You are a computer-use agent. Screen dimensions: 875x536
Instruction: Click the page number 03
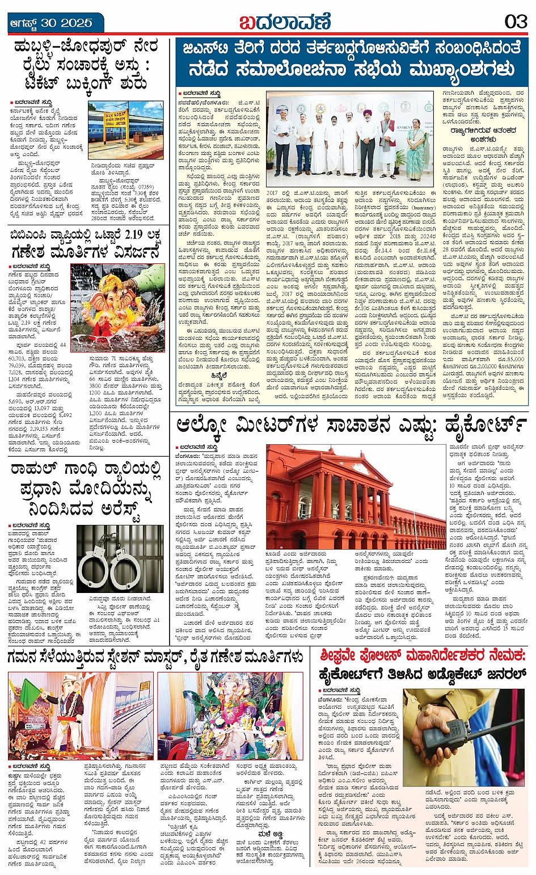click(x=516, y=22)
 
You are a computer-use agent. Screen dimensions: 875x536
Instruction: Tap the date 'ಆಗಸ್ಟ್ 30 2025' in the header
click(x=51, y=23)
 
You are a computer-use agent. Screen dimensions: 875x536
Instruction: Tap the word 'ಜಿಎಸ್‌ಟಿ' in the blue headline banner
click(x=208, y=49)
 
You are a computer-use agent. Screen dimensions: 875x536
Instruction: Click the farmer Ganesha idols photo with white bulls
click(x=230, y=716)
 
